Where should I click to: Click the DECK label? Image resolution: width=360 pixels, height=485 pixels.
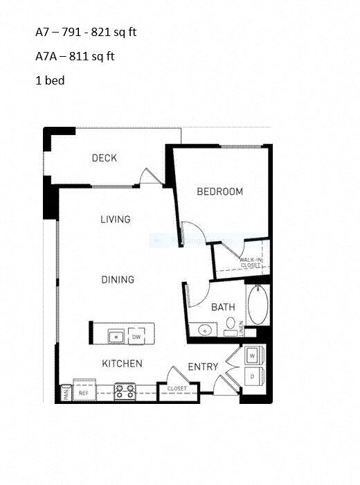click(x=105, y=159)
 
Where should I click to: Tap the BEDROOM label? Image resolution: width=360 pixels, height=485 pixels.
click(x=220, y=192)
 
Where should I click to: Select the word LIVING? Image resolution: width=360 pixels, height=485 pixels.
click(x=115, y=220)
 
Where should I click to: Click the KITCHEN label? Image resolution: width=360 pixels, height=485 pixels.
click(x=123, y=364)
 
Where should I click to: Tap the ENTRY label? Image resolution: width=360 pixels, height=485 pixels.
click(x=203, y=367)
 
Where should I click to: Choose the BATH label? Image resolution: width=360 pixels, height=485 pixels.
click(x=223, y=307)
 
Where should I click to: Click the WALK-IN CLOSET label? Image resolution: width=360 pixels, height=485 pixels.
click(x=250, y=262)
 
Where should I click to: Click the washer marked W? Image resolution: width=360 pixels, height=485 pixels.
click(x=252, y=355)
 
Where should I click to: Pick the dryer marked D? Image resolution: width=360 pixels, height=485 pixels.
click(x=252, y=376)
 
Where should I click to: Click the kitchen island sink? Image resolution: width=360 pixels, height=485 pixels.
click(x=116, y=337)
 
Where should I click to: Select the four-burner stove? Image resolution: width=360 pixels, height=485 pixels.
click(x=125, y=392)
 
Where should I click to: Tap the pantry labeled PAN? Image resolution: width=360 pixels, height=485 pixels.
click(x=66, y=393)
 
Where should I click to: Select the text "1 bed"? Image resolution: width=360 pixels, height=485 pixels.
click(x=50, y=80)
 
